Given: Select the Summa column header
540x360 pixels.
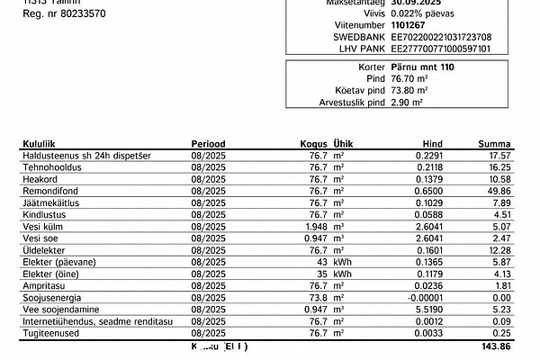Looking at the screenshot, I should coord(495,144).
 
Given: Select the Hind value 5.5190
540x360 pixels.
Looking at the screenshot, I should coord(431,308).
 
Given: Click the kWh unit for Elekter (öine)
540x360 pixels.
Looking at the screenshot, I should coord(342,273).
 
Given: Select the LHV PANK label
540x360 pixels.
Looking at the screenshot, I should coord(360,48).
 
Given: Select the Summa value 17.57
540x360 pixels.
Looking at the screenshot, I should coord(499,156).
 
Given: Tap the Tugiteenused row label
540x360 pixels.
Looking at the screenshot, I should coord(48,331).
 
